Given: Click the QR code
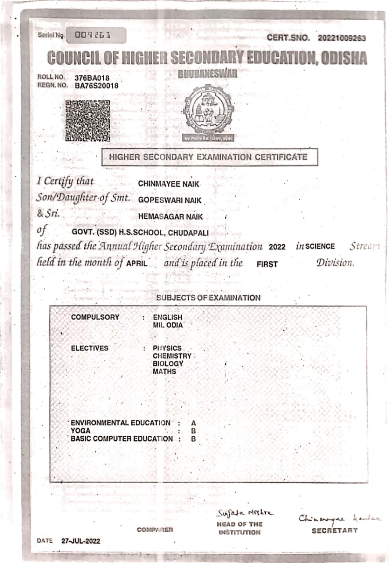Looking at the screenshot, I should [x=88, y=121].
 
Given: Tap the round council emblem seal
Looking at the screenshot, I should [x=208, y=110].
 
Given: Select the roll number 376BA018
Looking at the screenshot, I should [x=92, y=78].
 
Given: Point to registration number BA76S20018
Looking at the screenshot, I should [x=97, y=86].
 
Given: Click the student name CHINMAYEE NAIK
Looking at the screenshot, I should [x=169, y=184].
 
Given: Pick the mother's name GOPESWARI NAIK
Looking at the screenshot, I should [x=170, y=200].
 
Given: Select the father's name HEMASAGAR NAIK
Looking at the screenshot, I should [x=171, y=216].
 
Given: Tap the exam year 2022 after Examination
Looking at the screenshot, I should [x=277, y=247].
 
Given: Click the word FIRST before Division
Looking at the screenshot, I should [x=267, y=265].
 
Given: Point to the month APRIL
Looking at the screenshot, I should [x=137, y=264].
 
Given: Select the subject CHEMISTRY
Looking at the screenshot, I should [x=172, y=356].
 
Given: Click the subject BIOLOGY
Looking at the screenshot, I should [x=168, y=364].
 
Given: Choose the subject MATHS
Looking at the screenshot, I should [x=164, y=372].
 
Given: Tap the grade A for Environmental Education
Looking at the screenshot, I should [x=194, y=423].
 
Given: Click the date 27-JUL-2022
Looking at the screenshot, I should [x=81, y=541].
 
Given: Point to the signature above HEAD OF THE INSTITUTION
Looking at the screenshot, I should [x=245, y=513].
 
